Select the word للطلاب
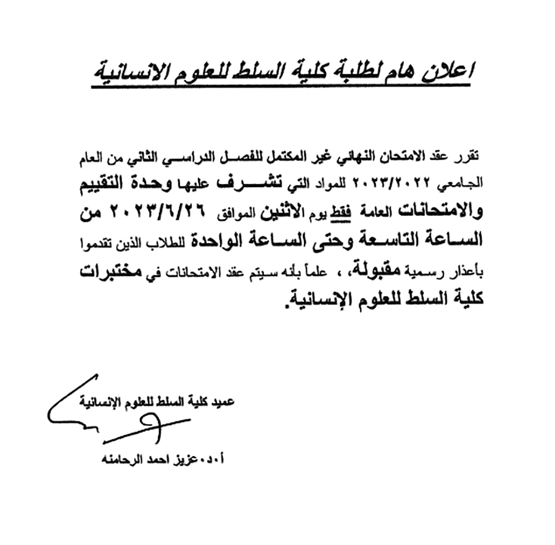(x=174, y=242)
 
